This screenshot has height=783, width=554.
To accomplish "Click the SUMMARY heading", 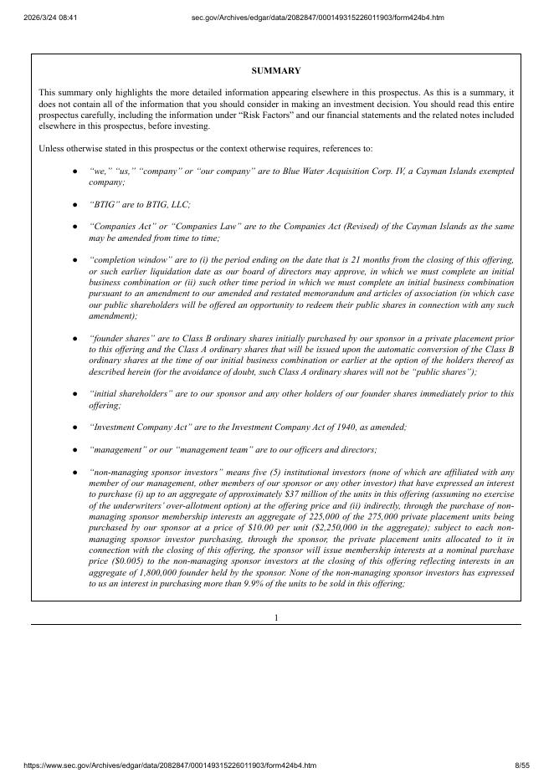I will tap(276, 71).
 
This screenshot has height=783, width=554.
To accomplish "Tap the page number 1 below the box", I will tap(276, 617).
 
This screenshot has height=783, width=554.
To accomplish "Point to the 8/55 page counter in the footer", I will tap(522, 765).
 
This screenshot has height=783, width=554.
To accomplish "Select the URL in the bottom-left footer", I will tap(158, 765).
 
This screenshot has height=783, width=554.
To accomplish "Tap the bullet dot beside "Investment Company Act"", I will tap(75, 427).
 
